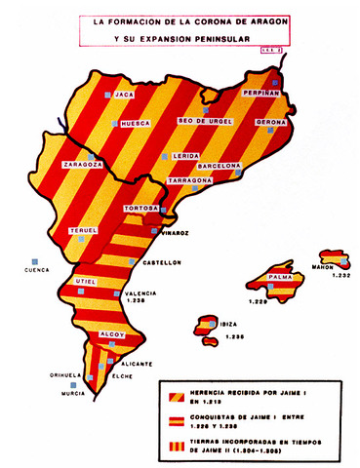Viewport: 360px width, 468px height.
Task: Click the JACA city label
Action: (x=124, y=96)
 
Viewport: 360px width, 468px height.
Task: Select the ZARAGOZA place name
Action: (x=83, y=166)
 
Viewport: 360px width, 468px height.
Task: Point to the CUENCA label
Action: (x=37, y=270)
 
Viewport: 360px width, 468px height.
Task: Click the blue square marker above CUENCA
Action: (x=37, y=258)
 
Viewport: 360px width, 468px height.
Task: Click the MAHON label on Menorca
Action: (x=323, y=266)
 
